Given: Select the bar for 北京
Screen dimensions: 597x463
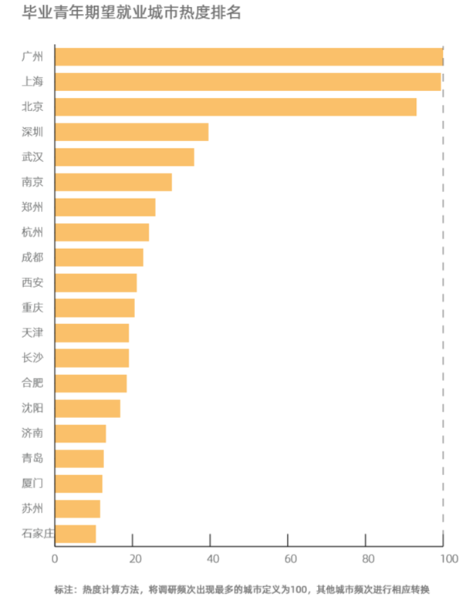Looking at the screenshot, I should [x=236, y=106].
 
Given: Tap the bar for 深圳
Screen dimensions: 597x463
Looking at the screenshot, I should [x=133, y=132].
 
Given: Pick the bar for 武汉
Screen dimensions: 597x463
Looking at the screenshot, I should [x=125, y=157].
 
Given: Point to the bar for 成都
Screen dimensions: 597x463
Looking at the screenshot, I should [x=100, y=258].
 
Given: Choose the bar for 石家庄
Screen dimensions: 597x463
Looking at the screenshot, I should [x=76, y=534].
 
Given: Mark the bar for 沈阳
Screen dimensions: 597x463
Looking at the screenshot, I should [x=89, y=408].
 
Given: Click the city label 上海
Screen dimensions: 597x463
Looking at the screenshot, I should [x=33, y=82].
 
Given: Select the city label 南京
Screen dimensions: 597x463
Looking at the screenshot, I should [x=33, y=182].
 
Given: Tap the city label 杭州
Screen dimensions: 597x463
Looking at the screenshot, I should [x=33, y=232].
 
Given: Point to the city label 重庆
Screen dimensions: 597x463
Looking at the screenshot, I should [x=33, y=308].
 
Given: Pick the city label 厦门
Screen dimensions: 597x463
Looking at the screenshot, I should [x=33, y=484].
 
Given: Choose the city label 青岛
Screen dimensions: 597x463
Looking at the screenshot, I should [x=33, y=458].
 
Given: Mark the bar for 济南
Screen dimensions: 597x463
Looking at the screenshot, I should [x=81, y=433].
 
